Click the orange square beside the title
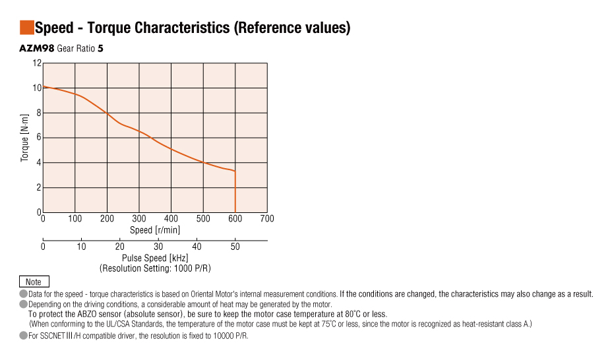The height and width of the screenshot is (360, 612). pos(27,28)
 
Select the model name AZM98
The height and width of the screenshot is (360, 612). pos(37,49)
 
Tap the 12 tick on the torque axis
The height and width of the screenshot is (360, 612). pos(37,63)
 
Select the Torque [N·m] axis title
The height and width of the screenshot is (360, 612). pos(25,138)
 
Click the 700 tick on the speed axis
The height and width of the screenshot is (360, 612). pos(267,219)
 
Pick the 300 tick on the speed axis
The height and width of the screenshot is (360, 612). pos(139,219)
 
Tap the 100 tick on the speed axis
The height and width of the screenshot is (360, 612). pos(75,219)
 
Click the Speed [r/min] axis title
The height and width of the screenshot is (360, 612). pos(155,230)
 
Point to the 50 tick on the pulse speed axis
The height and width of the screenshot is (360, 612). pos(235,247)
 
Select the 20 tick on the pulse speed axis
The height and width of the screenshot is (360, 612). pos(120,247)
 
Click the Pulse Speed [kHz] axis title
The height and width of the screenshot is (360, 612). pos(155,258)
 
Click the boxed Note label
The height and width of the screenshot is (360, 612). pos(33,282)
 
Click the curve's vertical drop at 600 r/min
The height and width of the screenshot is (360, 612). pos(235,195)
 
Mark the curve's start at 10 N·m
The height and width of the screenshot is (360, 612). pos(44,87)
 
